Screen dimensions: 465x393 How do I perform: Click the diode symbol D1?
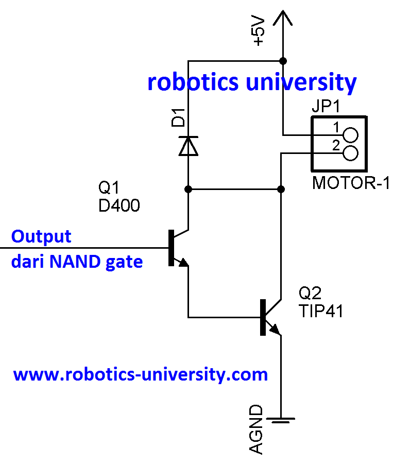coord(188,145)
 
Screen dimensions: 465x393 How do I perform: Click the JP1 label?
coord(327,108)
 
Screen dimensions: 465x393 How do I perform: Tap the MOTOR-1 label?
coord(351,183)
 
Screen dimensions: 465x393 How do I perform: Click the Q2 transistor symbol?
coord(269,317)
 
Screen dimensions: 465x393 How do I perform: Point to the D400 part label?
coord(119,206)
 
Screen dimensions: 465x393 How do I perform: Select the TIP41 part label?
coord(321,311)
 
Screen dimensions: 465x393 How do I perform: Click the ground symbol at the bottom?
coord(281,420)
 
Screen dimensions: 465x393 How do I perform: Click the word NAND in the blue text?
coord(76,262)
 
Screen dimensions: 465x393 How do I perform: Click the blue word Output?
coord(41,237)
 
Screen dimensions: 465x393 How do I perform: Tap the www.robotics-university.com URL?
coord(140,374)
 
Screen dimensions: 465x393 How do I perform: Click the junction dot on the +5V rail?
coord(282,60)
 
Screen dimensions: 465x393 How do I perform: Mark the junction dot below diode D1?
coord(188,189)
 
